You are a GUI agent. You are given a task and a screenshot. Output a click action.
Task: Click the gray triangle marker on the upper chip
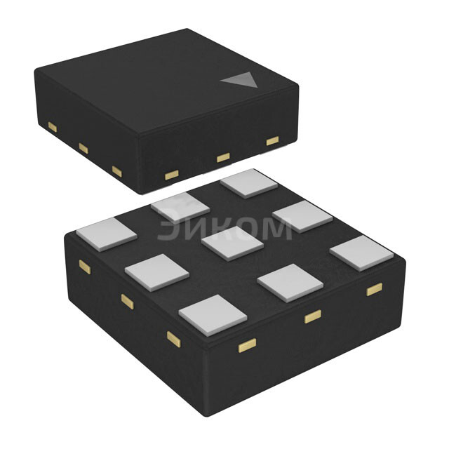(242, 80)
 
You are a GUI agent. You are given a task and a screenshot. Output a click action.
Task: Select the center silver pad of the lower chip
(232, 243)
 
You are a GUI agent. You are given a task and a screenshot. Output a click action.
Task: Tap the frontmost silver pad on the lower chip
(213, 315)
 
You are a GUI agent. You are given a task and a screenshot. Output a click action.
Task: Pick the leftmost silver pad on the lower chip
(107, 234)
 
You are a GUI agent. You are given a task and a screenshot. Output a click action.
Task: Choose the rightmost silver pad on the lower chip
(362, 253)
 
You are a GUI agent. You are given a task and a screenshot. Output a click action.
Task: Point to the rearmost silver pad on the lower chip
(249, 184)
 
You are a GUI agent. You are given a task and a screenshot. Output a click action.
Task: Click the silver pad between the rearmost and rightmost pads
(302, 217)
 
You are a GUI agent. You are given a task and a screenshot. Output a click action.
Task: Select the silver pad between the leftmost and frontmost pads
(157, 273)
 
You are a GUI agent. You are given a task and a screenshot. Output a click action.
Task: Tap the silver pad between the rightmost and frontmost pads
(290, 283)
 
